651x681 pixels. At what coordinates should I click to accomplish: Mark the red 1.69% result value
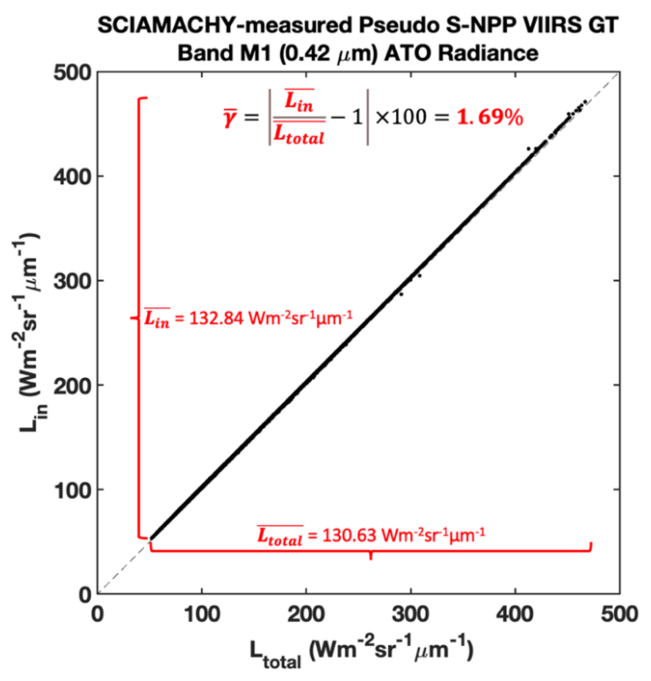(x=489, y=118)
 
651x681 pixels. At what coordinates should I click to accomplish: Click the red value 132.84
(x=216, y=318)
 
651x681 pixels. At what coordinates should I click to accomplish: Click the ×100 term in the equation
(x=400, y=117)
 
